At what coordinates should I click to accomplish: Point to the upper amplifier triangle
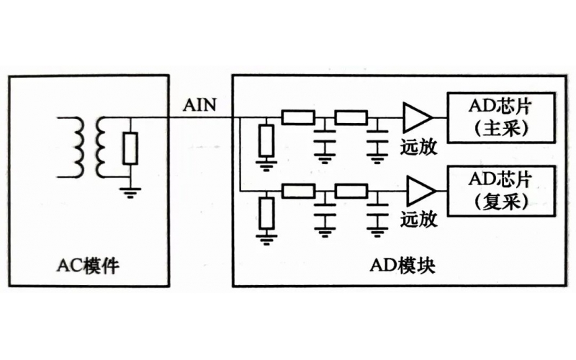click(x=417, y=117)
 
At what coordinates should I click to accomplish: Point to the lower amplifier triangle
click(x=417, y=192)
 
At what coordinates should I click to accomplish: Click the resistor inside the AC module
click(x=130, y=148)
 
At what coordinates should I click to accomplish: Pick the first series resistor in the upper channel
click(x=297, y=117)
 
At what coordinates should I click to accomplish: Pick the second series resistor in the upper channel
click(x=351, y=117)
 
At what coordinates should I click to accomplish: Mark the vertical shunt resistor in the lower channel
click(x=267, y=212)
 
